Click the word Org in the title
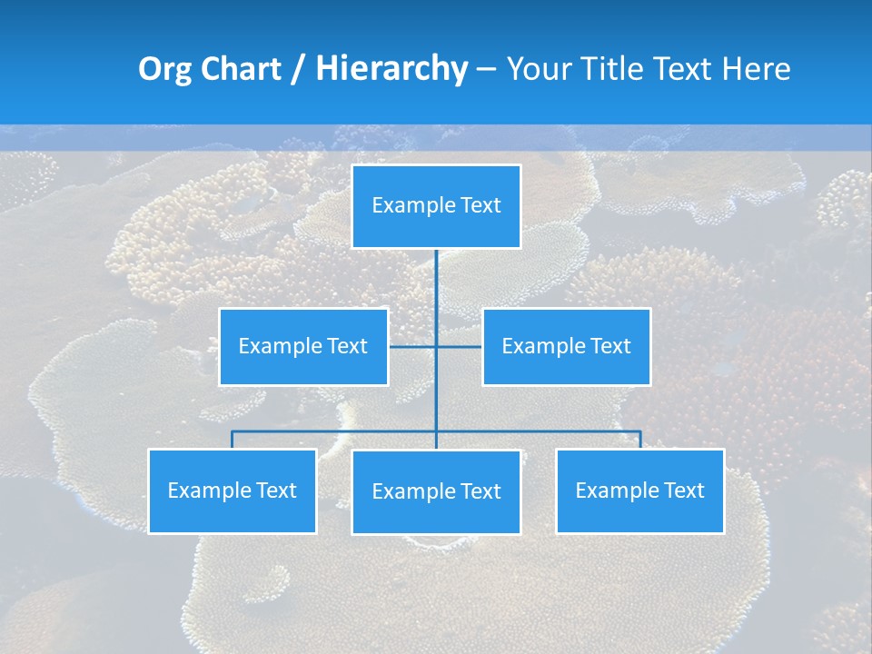coord(164,69)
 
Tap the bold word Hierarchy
coord(391,69)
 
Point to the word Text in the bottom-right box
coord(683,490)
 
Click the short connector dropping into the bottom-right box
coord(639,440)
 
